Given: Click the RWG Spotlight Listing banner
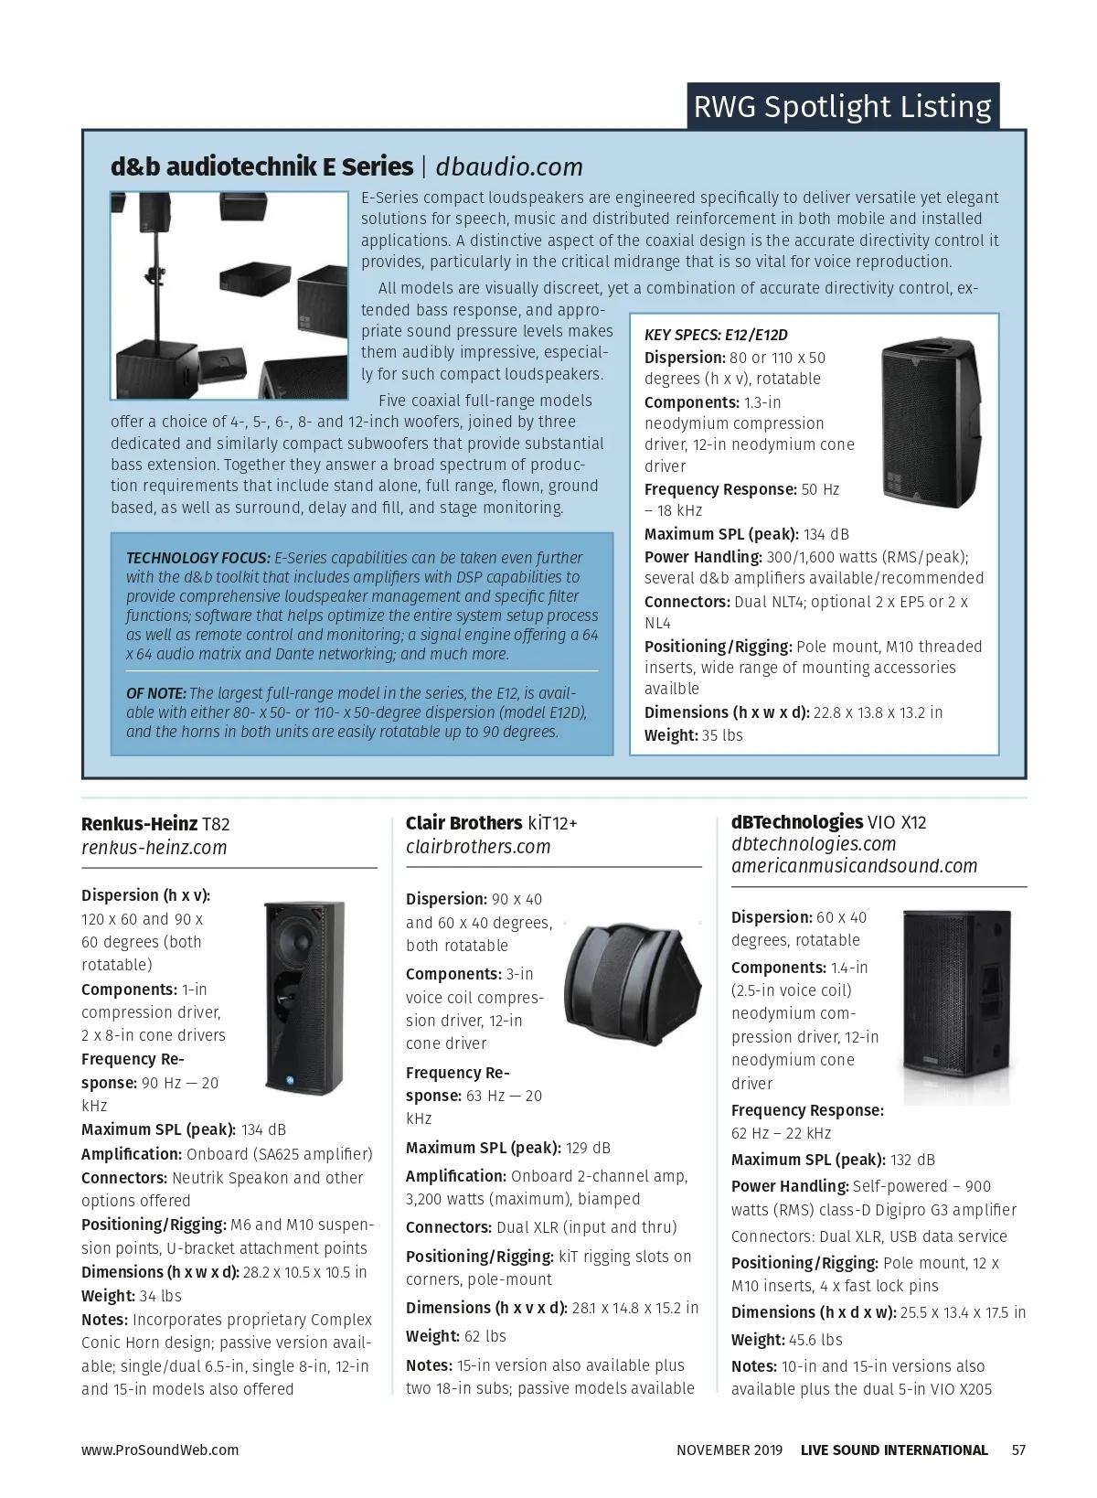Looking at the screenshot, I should [x=842, y=107].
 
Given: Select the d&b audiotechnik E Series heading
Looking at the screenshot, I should [x=261, y=167].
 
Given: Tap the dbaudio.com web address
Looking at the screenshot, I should [x=509, y=167].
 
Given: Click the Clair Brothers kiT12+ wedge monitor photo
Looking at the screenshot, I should [x=625, y=976].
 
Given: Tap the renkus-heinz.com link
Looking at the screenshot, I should [x=154, y=848].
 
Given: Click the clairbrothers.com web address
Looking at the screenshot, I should [x=478, y=847].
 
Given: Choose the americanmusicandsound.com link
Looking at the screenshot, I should [x=854, y=866].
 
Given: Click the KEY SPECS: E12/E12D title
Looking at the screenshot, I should [x=716, y=335].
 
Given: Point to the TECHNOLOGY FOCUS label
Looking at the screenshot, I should [x=198, y=558].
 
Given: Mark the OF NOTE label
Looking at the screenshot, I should [x=156, y=693].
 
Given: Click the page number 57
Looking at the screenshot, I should [x=1018, y=1450].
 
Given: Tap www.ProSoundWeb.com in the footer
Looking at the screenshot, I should [x=160, y=1450].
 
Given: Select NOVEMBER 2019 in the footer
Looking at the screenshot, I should [x=730, y=1450].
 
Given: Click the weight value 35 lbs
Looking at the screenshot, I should [x=722, y=735].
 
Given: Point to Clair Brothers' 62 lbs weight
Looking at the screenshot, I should [x=485, y=1336].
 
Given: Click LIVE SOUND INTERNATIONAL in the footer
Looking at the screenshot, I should [x=894, y=1450].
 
